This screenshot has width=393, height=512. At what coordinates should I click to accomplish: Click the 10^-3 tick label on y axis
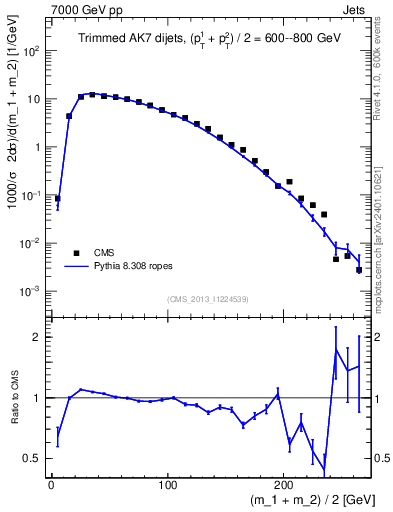point(31,291)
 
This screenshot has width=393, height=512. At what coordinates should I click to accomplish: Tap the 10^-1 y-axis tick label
point(31,195)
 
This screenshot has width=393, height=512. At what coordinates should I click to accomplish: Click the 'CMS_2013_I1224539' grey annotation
point(209,298)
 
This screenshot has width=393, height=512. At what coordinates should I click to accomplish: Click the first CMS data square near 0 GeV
point(57,198)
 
